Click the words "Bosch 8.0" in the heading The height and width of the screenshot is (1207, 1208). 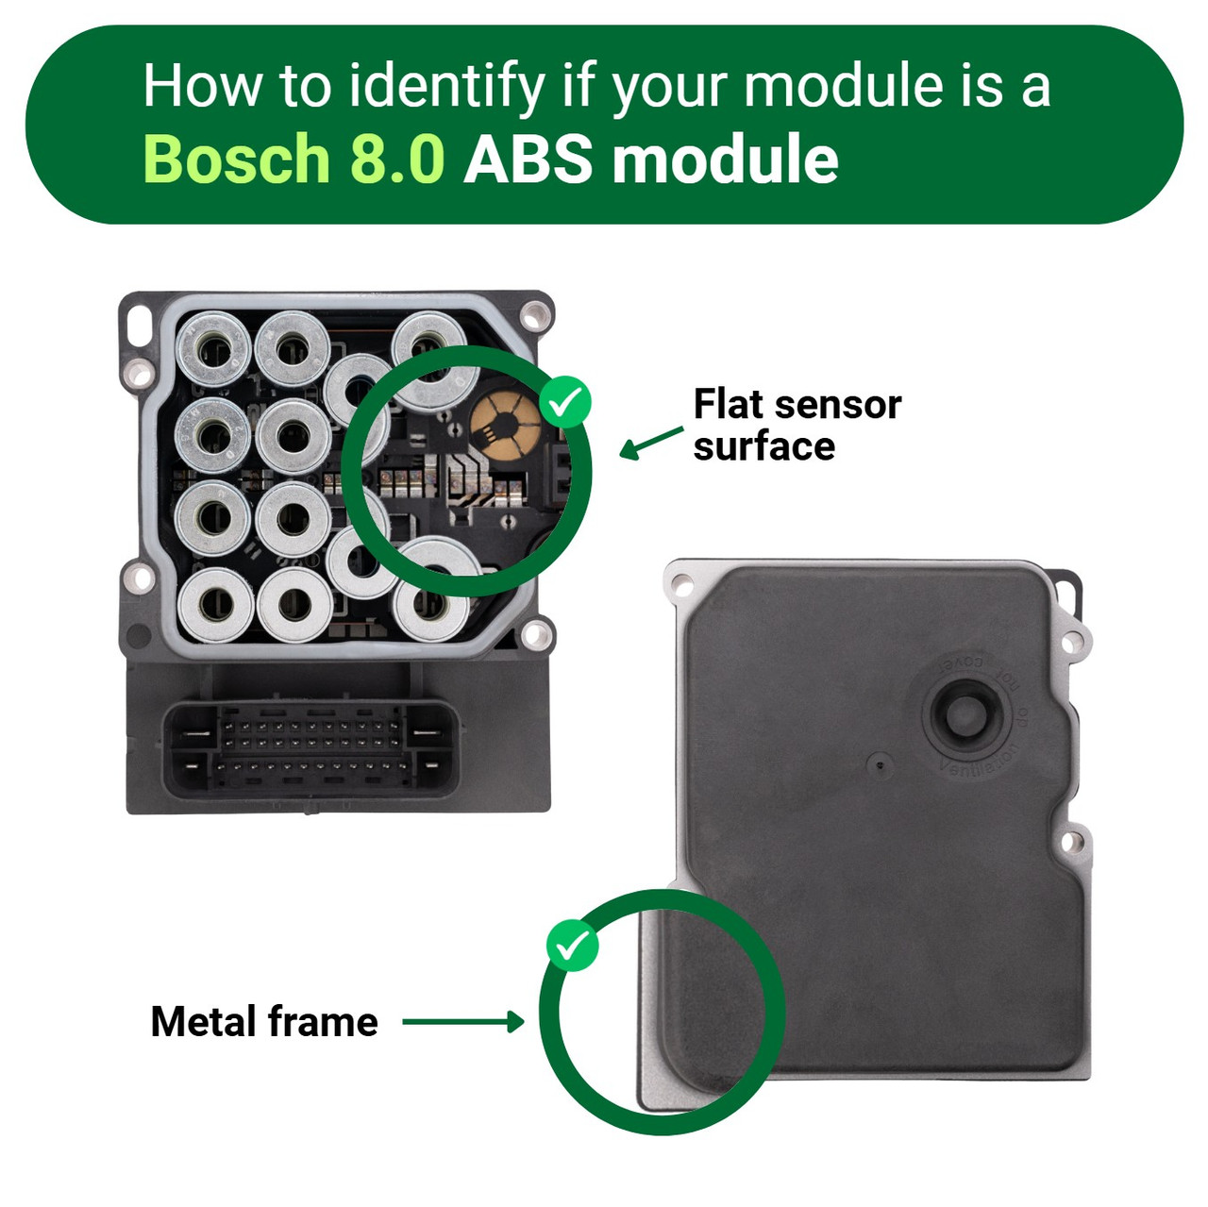tap(293, 159)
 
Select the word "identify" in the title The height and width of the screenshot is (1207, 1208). tap(446, 87)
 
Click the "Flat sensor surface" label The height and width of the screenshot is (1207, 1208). tap(797, 425)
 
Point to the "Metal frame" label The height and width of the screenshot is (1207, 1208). tap(264, 1021)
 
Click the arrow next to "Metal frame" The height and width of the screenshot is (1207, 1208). tap(462, 1021)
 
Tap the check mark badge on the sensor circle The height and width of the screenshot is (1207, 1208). tap(565, 403)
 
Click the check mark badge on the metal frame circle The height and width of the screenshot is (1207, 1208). tap(572, 945)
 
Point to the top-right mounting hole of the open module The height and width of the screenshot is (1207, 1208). tap(537, 312)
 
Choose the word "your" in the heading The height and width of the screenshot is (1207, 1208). tap(668, 87)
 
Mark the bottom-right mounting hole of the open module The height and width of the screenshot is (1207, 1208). tap(537, 633)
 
